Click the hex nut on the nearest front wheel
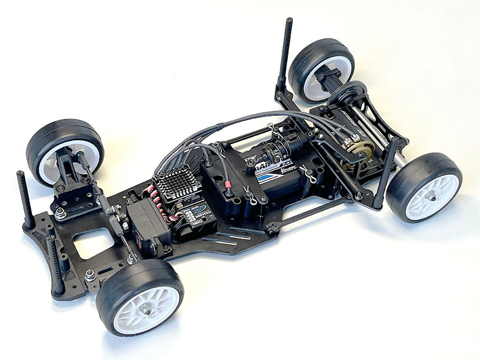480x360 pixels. [x=147, y=308]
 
